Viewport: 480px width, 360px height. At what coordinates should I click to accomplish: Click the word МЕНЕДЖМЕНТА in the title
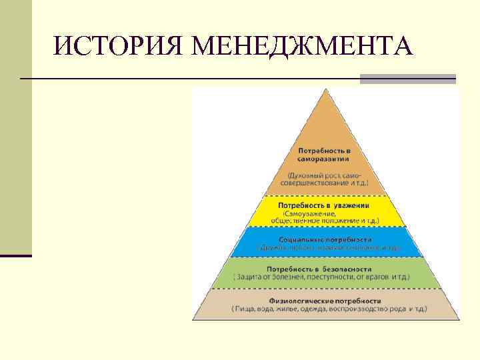[301, 46]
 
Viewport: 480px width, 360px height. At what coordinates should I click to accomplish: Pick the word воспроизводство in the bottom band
[363, 309]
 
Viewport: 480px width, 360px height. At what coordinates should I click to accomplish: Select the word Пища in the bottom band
[246, 309]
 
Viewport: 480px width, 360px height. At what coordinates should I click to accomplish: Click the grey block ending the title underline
[407, 79]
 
